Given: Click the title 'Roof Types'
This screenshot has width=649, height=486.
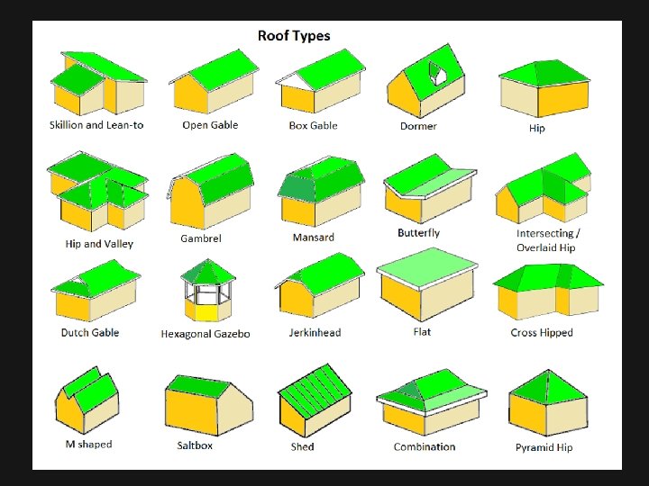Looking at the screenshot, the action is click(294, 36).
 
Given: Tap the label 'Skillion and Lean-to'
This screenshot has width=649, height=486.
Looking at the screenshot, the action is click(96, 125).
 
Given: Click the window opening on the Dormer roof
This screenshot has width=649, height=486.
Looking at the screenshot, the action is click(439, 73).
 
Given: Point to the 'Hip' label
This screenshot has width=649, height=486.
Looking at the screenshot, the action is click(536, 128).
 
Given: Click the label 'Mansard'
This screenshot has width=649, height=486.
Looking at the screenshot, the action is click(313, 238).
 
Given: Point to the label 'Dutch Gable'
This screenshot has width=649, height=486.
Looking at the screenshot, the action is click(89, 332).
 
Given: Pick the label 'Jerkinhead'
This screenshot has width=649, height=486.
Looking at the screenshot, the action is click(315, 333).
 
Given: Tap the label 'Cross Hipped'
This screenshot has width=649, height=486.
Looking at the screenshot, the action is click(542, 333).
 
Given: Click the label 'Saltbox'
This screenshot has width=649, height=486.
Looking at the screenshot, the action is click(195, 445).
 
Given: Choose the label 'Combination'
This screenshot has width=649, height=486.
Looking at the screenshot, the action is click(425, 446).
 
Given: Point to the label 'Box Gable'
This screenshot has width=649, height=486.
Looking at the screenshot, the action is click(313, 125).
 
